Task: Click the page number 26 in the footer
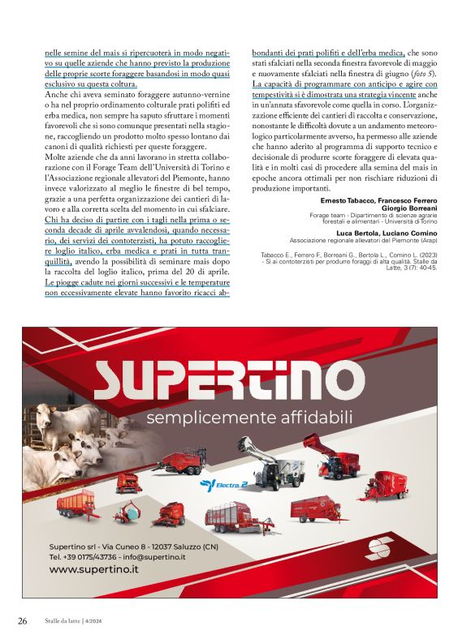pyautogui.click(x=23, y=620)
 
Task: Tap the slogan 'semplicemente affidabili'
pyautogui.click(x=248, y=418)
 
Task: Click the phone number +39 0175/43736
pyautogui.click(x=85, y=557)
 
